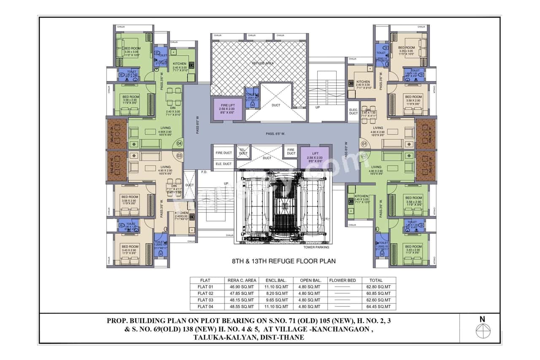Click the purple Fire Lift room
(227, 109)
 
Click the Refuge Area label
(263, 63)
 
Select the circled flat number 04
(179, 143)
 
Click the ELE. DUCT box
(224, 164)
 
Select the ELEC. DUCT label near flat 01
(354, 111)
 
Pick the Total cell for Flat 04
(375, 307)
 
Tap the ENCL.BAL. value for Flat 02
(276, 293)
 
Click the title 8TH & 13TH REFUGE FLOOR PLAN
(284, 261)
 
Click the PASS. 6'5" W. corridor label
(275, 134)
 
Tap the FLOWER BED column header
(343, 280)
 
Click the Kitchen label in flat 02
(362, 196)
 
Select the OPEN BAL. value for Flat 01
(310, 287)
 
